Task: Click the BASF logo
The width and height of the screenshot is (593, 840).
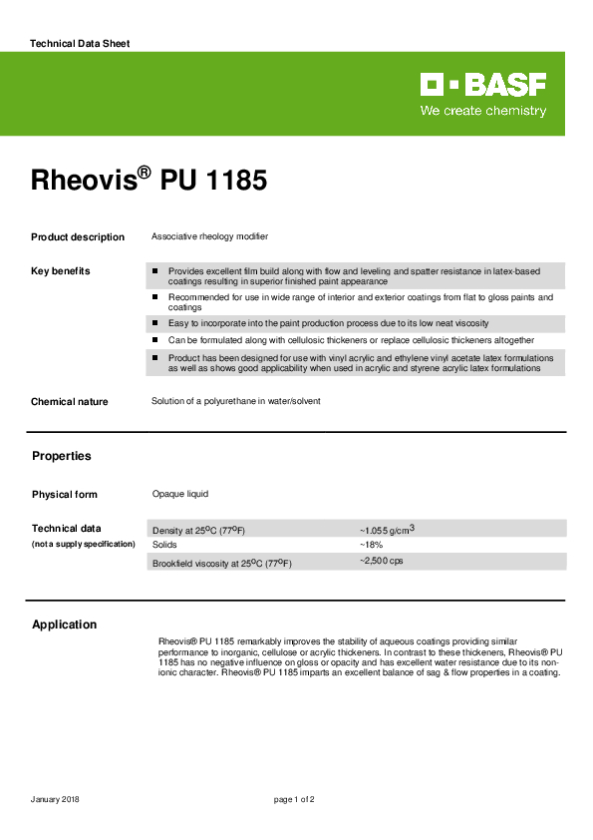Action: click(x=482, y=85)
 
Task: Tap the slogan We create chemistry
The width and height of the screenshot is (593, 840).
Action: click(x=483, y=111)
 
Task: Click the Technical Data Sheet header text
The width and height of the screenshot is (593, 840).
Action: click(x=80, y=44)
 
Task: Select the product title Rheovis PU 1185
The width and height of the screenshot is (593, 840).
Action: click(x=148, y=182)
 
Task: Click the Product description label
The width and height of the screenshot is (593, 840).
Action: click(x=78, y=237)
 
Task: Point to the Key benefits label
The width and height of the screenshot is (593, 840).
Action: click(x=60, y=271)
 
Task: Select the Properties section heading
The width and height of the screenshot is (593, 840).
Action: click(x=61, y=456)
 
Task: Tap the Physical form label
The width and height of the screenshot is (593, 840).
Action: click(x=65, y=495)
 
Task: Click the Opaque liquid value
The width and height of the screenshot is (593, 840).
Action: click(x=179, y=494)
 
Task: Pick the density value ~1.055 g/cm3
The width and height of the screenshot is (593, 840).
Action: click(x=386, y=530)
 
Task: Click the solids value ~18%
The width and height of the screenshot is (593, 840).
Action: click(x=371, y=545)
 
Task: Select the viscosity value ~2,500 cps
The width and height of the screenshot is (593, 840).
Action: click(x=381, y=562)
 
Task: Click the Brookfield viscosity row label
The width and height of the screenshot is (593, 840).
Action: click(x=221, y=564)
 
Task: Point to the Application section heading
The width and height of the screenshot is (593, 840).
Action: click(x=65, y=625)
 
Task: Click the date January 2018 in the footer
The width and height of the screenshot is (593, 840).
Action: click(x=55, y=800)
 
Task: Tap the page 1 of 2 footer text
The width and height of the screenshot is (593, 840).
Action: click(x=294, y=800)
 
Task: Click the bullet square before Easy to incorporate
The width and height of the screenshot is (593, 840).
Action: click(x=155, y=323)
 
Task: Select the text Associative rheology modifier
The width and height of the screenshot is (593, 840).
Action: click(x=209, y=236)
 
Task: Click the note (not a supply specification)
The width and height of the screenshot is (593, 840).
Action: click(x=83, y=544)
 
